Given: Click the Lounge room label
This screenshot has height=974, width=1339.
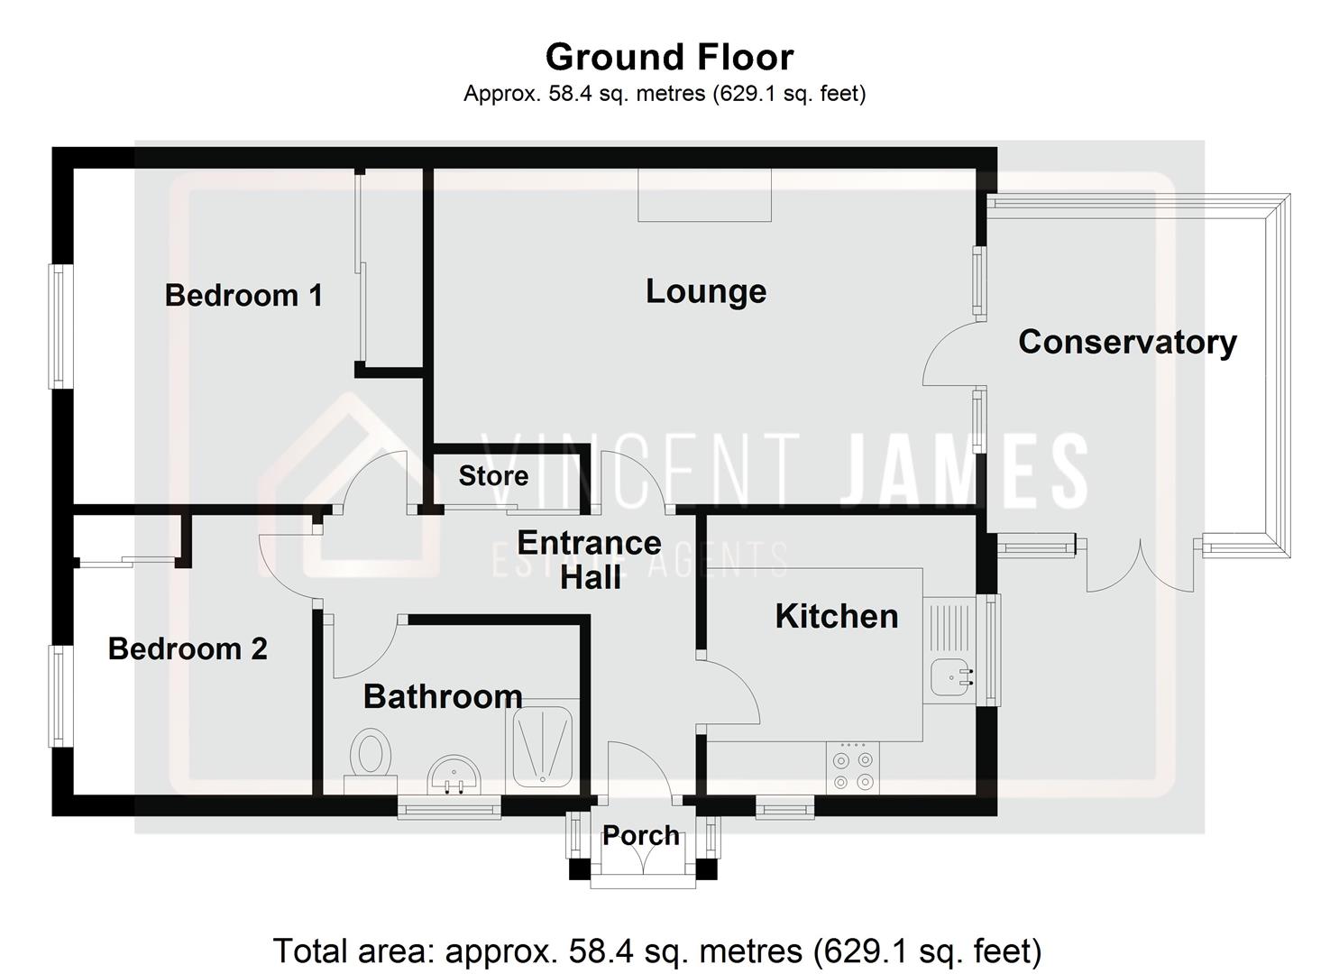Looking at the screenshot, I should pos(706,291).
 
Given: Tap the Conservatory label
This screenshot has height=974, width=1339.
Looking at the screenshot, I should pos(1127,342).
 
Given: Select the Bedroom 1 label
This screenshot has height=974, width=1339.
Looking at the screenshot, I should pos(243,295).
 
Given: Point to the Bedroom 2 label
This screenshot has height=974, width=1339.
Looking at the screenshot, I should pos(188,648).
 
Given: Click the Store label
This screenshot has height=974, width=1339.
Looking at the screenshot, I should pos(493,475).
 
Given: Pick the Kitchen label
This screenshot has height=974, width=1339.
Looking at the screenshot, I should pos(837,616).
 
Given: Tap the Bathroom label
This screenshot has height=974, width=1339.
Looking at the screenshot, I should pos(443,696).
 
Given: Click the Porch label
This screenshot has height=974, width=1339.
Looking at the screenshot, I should pos(641,835).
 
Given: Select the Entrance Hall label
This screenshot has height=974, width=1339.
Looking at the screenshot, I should pos(590,559).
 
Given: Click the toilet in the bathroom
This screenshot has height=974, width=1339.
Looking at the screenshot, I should pos(371,752).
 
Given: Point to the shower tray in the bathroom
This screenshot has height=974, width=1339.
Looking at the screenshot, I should pos(542,747).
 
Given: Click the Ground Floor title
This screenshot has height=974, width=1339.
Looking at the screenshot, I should pos(669,57).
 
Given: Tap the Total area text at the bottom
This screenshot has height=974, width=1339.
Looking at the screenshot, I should pos(656,951).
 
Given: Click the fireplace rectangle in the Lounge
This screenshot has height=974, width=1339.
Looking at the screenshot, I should pos(704,195).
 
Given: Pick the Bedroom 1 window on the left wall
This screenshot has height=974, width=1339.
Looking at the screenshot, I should pos(59,326).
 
